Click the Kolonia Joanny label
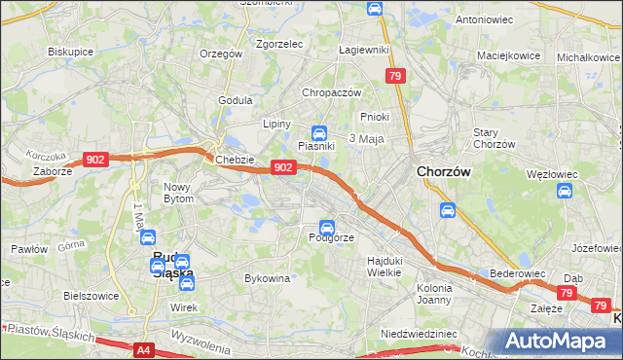coord(434,294)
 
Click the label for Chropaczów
coord(332,92)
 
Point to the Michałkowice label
coord(588,57)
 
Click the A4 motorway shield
coord(143,349)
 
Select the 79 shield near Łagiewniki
coord(394,75)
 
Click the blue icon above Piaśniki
coord(318,132)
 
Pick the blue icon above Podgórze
coord(326,226)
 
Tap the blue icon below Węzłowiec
coord(565,191)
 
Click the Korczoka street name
coord(46,156)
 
